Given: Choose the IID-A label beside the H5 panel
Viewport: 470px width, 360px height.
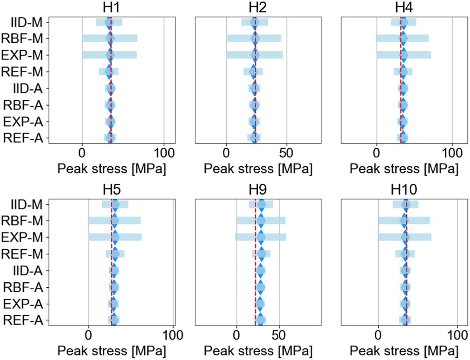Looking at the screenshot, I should click(28, 270).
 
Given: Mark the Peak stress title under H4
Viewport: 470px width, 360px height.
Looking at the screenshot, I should click(404, 168).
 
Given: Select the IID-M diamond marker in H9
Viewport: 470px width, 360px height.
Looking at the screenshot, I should click(261, 204).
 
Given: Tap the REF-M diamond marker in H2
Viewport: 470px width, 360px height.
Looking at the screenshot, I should click(253, 72).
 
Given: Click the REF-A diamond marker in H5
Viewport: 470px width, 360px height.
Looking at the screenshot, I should click(114, 320).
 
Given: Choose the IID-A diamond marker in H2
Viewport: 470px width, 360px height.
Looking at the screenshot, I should click(254, 89).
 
